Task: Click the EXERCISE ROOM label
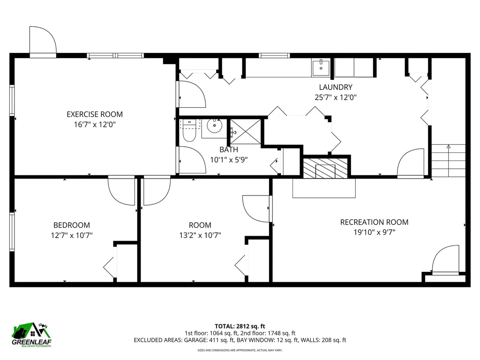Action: tap(95, 114)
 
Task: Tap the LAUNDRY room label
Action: tap(336, 87)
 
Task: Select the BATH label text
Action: tap(229, 150)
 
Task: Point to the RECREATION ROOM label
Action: tap(374, 222)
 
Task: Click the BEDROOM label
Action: tap(71, 225)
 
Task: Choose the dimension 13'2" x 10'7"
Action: tap(200, 235)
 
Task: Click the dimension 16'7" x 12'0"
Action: tap(95, 124)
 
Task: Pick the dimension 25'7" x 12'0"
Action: tap(336, 97)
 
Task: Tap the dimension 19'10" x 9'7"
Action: tap(374, 232)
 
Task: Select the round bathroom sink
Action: tap(215, 126)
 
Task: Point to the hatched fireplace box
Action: tap(325, 168)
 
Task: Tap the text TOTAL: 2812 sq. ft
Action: tap(240, 326)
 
